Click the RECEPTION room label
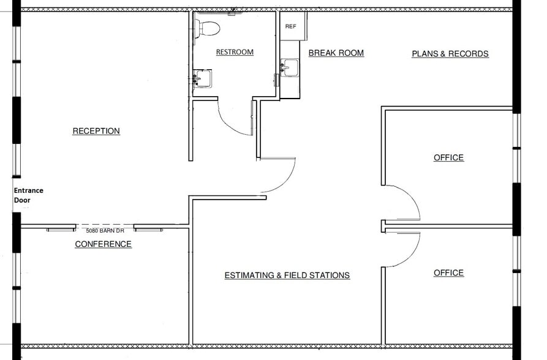96,131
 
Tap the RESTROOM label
235,52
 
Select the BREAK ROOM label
336,53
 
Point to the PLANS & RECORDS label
450,54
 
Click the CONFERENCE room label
103,244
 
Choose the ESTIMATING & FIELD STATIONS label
287,276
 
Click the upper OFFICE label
448,158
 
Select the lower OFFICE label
448,273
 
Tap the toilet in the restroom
207,28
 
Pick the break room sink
289,69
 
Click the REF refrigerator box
290,26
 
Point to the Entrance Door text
28,195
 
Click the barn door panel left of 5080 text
61,229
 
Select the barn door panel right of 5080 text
148,229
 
